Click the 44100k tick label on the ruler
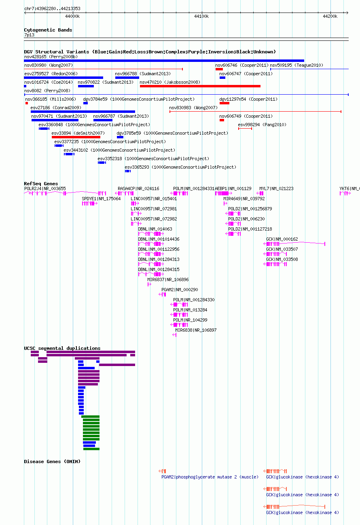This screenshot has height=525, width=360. click(x=201, y=17)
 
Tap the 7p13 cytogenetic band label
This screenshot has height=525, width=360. click(x=29, y=35)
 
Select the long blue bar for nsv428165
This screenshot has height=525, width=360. click(x=164, y=61)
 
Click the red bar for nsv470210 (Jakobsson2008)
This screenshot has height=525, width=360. click(x=200, y=86)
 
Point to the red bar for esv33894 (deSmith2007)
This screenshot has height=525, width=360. click(x=76, y=137)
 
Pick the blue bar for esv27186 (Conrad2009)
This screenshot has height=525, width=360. click(x=83, y=112)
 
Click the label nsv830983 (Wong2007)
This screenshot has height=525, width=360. click(x=193, y=108)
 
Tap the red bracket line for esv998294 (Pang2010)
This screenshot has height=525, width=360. click(x=245, y=129)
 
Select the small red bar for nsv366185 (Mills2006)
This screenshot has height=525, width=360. click(x=27, y=103)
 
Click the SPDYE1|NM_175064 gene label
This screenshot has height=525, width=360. click(x=101, y=199)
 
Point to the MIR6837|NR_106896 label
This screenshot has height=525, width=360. click(x=168, y=279)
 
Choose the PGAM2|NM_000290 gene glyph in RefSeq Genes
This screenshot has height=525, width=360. click(x=163, y=294)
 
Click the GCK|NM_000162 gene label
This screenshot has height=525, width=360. click(x=282, y=239)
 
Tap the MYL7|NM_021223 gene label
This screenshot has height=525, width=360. click(x=276, y=188)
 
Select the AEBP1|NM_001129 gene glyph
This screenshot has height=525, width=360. click(x=224, y=193)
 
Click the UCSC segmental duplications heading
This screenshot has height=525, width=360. click(x=62, y=348)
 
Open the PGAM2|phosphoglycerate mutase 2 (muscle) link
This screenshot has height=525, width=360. click(x=210, y=477)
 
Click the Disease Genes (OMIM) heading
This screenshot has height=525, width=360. click(x=52, y=461)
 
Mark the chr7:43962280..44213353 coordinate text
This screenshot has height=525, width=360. click(x=52, y=8)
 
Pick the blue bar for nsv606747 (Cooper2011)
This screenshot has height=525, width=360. click(x=222, y=78)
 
